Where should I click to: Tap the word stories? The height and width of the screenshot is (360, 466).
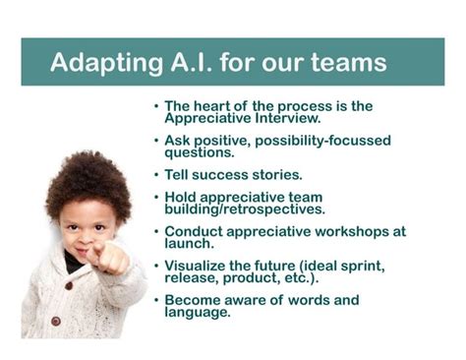[x=279, y=175]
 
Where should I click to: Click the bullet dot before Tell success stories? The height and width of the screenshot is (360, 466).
[x=155, y=175]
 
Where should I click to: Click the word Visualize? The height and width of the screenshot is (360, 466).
[x=198, y=266]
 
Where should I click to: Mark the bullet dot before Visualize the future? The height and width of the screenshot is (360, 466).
[x=155, y=266]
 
